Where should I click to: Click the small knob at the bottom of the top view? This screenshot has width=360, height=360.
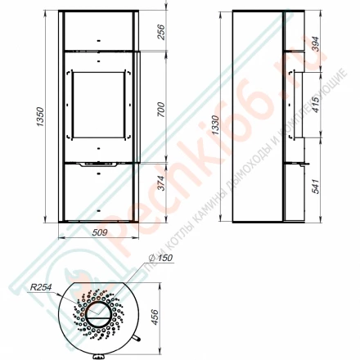coord(98,356)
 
